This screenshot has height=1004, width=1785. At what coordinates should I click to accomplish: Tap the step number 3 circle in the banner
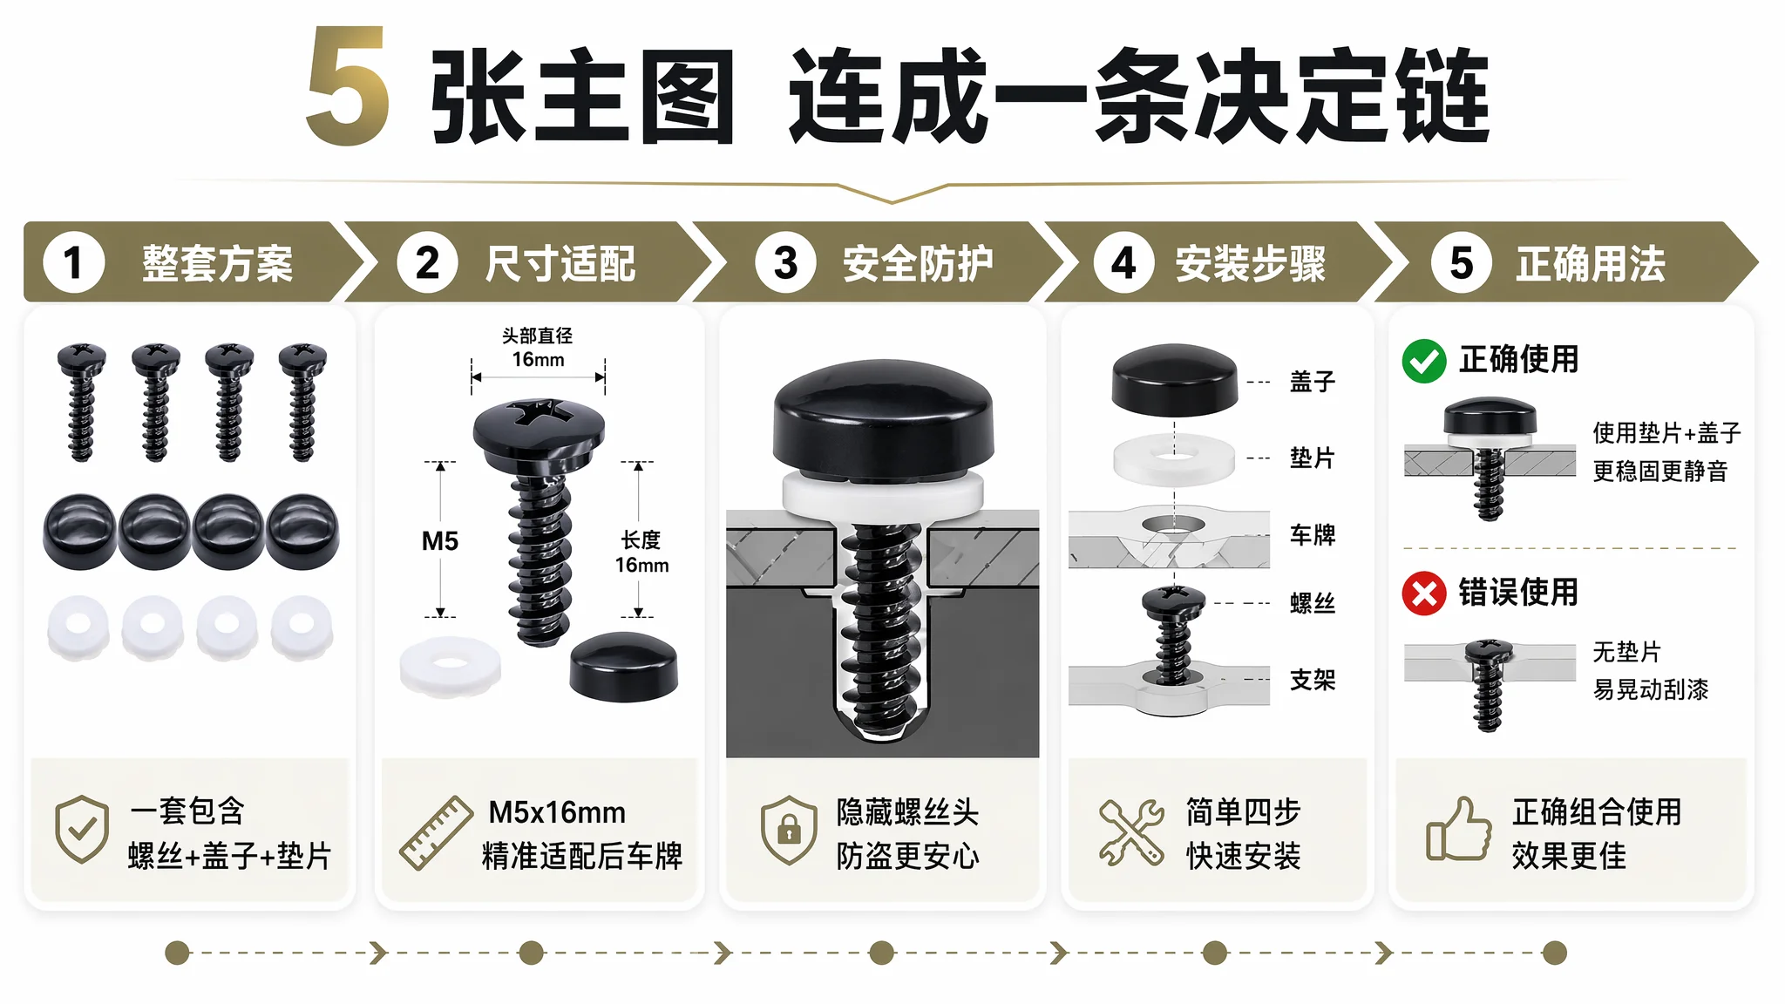[x=785, y=262]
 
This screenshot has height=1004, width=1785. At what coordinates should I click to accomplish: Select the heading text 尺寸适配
[x=560, y=263]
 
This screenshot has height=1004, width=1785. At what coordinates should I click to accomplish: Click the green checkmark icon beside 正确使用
[x=1424, y=361]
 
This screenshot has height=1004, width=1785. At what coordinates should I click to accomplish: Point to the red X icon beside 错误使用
[x=1424, y=594]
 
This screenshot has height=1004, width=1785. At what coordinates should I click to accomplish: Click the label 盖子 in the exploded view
[x=1313, y=382]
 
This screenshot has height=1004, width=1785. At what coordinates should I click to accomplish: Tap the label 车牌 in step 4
[x=1313, y=534]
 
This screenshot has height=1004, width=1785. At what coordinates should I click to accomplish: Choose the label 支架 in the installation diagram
[x=1313, y=680]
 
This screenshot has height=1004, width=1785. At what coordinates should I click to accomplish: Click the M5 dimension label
[x=440, y=541]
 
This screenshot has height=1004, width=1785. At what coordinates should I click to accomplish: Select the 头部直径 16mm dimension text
[x=538, y=348]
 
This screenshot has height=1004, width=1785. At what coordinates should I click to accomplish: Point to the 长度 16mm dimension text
[x=641, y=553]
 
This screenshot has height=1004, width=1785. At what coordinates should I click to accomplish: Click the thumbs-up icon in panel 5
[x=1458, y=830]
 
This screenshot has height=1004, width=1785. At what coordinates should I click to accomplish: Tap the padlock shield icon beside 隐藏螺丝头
[x=788, y=830]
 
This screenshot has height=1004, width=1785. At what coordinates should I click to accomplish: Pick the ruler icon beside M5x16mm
[x=436, y=833]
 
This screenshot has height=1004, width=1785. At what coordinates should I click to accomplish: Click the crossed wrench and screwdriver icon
[x=1131, y=832]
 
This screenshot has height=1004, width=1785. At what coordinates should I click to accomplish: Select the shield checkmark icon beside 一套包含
[x=82, y=829]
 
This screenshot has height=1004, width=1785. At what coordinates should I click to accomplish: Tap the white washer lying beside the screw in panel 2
[x=451, y=667]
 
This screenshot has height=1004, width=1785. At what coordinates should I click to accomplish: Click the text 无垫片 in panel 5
[x=1626, y=652]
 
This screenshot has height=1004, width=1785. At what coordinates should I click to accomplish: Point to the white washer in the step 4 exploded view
[x=1174, y=459]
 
